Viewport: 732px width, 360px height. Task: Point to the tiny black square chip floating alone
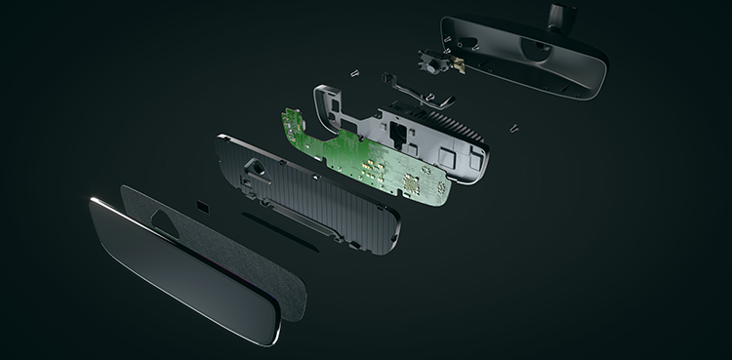[201, 207]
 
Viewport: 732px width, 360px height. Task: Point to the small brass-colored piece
[455, 60]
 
